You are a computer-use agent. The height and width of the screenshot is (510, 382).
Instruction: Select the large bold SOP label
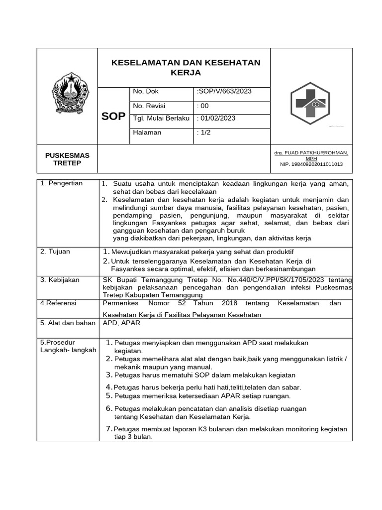click(x=113, y=117)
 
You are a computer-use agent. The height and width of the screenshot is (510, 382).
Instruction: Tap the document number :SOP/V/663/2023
click(x=224, y=92)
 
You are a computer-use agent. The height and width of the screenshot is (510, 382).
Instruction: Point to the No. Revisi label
click(x=149, y=106)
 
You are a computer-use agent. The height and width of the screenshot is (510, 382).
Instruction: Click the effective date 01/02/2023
click(x=218, y=119)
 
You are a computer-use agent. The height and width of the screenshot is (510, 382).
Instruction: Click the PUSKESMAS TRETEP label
click(x=68, y=160)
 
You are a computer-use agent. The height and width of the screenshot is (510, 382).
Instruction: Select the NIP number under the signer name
click(x=311, y=164)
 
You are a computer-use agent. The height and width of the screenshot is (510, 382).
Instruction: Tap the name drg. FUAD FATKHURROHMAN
click(x=311, y=153)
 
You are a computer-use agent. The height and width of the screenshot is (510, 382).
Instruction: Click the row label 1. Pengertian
click(x=62, y=183)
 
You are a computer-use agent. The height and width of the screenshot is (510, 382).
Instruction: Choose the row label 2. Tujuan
click(x=55, y=252)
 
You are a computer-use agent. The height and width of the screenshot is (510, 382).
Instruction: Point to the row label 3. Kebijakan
click(x=60, y=280)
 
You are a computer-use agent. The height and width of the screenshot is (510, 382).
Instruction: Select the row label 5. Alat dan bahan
click(x=68, y=323)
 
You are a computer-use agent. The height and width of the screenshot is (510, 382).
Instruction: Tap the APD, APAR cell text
click(x=121, y=323)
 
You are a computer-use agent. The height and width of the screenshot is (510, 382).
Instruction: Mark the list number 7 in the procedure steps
click(x=109, y=429)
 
